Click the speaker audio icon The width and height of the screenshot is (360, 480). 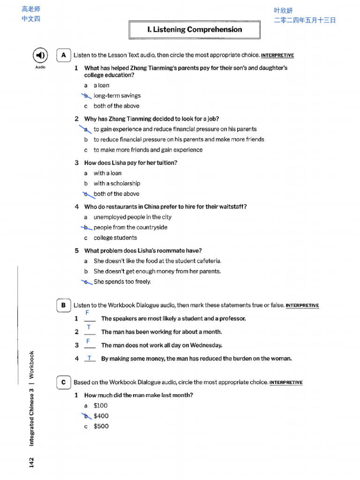[x=40, y=56]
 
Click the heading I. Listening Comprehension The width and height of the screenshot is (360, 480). [x=195, y=30]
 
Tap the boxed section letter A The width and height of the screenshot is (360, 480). [x=63, y=55]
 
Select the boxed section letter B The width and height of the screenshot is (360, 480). [x=63, y=305]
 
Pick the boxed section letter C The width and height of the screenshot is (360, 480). [x=63, y=382]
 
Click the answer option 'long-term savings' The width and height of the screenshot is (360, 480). [x=117, y=96]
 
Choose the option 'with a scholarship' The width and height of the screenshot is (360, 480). [x=117, y=183]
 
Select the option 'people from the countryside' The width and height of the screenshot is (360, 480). [x=130, y=227]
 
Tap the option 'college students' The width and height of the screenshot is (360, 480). [x=115, y=238]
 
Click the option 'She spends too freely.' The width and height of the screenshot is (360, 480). [x=122, y=282]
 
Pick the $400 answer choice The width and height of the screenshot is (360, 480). [x=101, y=416]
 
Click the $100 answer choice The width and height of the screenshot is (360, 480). [x=100, y=405]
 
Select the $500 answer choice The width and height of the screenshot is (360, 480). [x=101, y=426]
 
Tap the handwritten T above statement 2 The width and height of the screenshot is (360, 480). [x=89, y=327]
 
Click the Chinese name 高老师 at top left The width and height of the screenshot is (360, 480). [x=31, y=9]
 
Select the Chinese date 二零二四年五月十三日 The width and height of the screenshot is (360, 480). [x=305, y=20]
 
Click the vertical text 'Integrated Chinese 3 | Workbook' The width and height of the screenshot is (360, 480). [x=31, y=398]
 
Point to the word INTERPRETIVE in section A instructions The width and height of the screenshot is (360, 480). [x=277, y=55]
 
